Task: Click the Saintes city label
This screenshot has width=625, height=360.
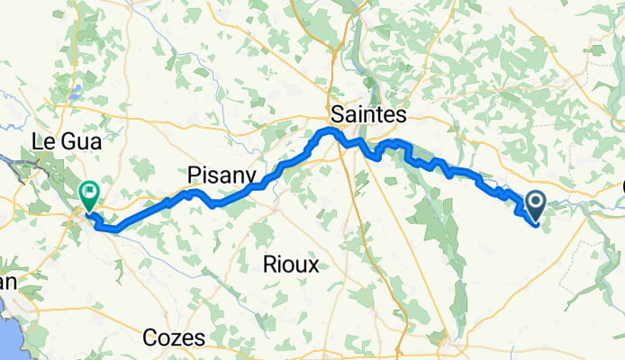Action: (369, 114)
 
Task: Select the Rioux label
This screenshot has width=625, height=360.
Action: (291, 265)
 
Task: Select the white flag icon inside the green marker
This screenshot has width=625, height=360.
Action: (89, 191)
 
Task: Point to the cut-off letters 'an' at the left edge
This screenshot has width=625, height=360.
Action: (7, 282)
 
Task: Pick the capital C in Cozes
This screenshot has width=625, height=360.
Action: (151, 338)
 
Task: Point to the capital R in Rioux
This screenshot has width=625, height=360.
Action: (268, 265)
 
